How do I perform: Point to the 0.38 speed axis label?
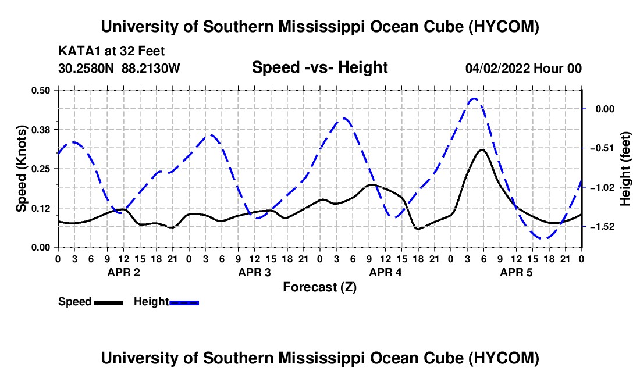pyautogui.click(x=41, y=130)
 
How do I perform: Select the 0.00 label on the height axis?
pyautogui.click(x=605, y=109)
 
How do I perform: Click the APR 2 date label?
pyautogui.click(x=124, y=272)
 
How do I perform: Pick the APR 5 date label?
pyautogui.click(x=516, y=272)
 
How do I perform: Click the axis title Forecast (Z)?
pyautogui.click(x=320, y=287)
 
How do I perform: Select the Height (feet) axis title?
pyautogui.click(x=625, y=169)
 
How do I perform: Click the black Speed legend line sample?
pyautogui.click(x=109, y=302)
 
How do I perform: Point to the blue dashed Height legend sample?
pyautogui.click(x=184, y=302)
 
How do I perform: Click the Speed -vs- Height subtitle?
pyautogui.click(x=320, y=67)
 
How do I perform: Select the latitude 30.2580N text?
pyautogui.click(x=86, y=68)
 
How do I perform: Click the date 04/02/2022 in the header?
pyautogui.click(x=497, y=68)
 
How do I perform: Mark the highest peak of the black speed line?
pyautogui.click(x=482, y=149)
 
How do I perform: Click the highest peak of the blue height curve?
pyautogui.click(x=474, y=98)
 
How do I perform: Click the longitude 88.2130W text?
pyautogui.click(x=151, y=68)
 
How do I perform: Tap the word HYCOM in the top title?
pyautogui.click(x=503, y=27)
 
